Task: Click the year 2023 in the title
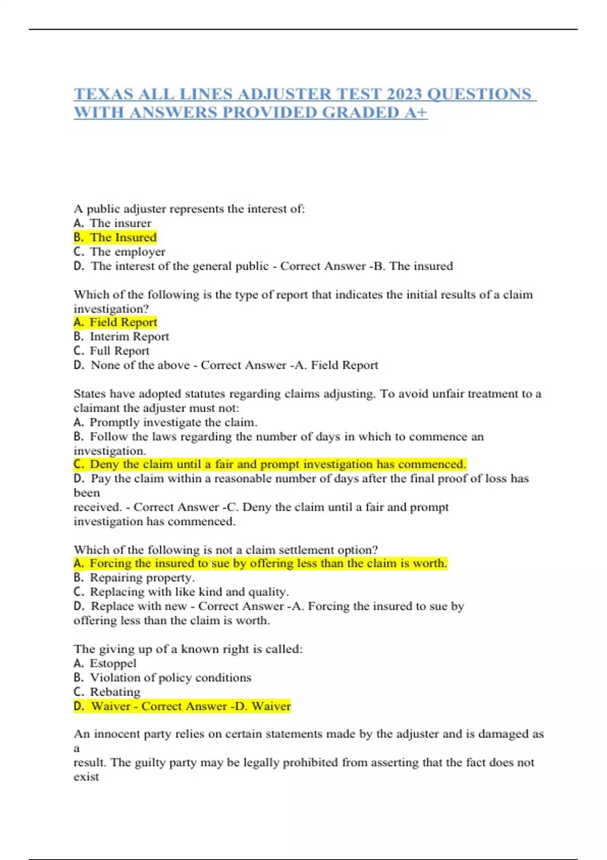[x=404, y=94]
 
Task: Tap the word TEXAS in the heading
[x=104, y=94]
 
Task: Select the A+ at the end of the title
[x=416, y=112]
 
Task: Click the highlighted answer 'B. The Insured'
[x=115, y=237]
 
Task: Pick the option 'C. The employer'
[x=119, y=251]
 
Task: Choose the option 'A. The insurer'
[x=112, y=223]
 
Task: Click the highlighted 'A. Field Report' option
[x=115, y=322]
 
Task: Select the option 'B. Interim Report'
[x=121, y=336]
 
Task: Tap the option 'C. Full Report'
[x=111, y=351]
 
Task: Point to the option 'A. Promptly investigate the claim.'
[x=165, y=422]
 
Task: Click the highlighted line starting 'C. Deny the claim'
[x=270, y=464]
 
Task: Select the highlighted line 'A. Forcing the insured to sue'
[x=261, y=564]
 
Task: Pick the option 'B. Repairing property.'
[x=134, y=578]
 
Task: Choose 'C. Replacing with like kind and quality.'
[x=181, y=592]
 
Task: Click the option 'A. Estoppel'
[x=105, y=663]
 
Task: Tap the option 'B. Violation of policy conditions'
[x=162, y=677]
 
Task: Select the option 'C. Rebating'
[x=107, y=692]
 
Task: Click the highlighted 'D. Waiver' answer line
[x=182, y=706]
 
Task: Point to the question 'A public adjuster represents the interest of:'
[x=189, y=209]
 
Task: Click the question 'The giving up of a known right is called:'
[x=188, y=649]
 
